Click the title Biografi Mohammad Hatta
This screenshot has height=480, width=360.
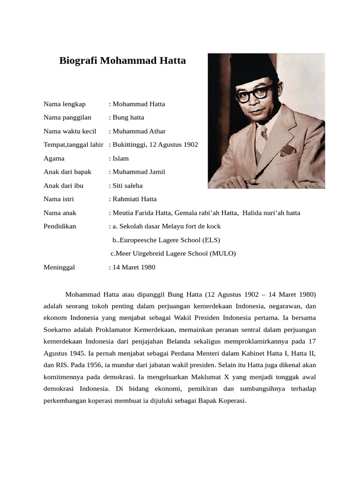(122, 61)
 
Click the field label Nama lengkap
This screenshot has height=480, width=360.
(65, 104)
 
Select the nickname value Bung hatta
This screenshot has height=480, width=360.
(128, 117)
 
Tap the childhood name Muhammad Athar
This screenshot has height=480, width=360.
(139, 131)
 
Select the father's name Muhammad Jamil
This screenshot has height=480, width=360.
(139, 172)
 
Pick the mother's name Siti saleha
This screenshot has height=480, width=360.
(127, 186)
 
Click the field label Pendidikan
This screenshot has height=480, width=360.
(60, 226)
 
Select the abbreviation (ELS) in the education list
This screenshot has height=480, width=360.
(211, 240)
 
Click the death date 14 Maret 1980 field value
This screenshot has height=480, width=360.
(134, 267)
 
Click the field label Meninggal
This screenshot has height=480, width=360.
(59, 267)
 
